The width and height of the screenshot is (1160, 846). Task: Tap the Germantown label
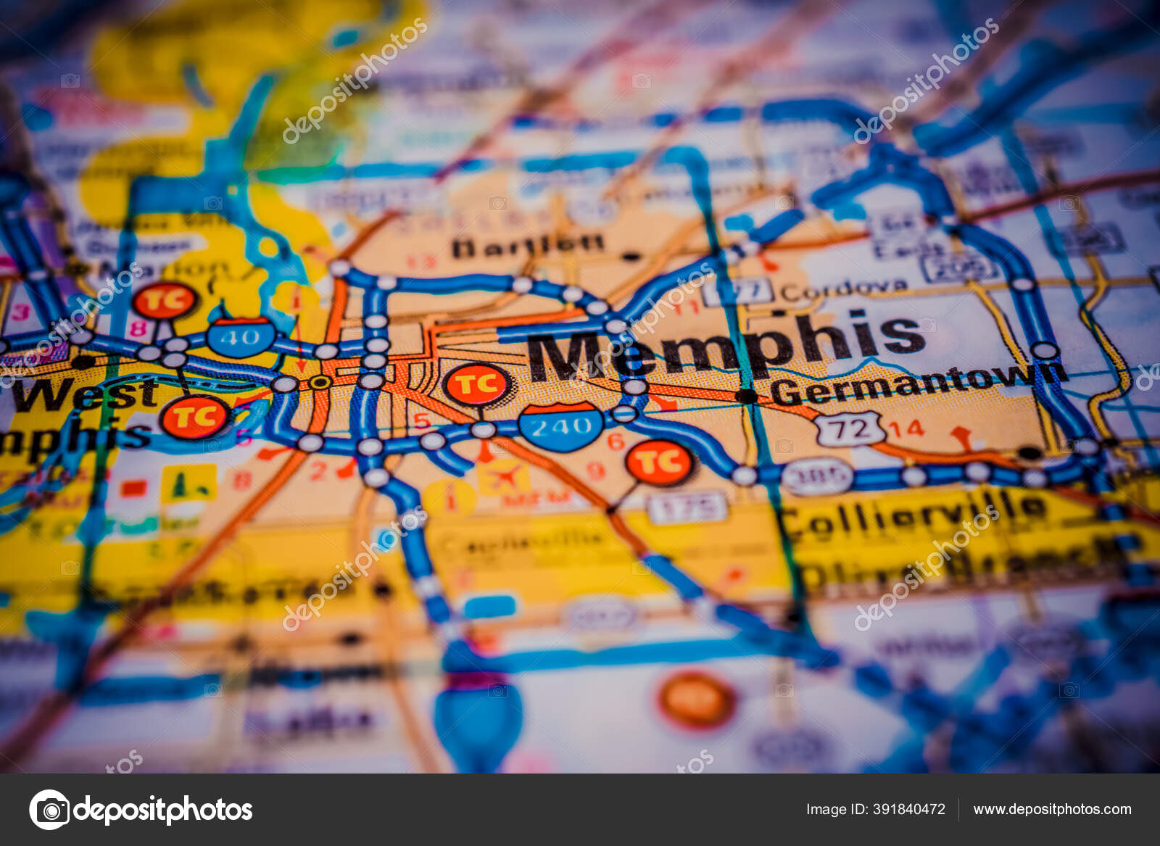[x=917, y=384]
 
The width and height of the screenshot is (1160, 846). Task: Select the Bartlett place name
[x=527, y=246]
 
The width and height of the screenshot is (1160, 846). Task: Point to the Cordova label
[x=844, y=290]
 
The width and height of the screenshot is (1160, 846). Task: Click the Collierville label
[x=913, y=513]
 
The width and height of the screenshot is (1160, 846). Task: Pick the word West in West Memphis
[x=85, y=395]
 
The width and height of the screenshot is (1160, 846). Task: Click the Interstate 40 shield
[x=241, y=336]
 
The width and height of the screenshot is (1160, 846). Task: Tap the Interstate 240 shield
[x=561, y=426]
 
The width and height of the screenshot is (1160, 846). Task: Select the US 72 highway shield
[x=850, y=428]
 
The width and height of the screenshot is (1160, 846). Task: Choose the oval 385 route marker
[x=817, y=476]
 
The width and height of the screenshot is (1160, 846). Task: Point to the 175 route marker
[x=687, y=507]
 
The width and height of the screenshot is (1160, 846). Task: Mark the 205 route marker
[x=958, y=268]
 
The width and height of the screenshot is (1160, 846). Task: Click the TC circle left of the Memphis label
[x=477, y=384]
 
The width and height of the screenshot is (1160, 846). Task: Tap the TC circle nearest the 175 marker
[x=659, y=462]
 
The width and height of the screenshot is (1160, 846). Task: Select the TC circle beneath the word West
[x=194, y=417]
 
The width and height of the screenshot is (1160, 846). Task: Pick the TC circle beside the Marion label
[x=165, y=300]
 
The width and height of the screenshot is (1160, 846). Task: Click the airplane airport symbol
[x=505, y=477]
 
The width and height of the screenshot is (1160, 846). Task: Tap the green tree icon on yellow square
[x=188, y=483]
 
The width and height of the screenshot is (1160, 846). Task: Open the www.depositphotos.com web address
[x=1052, y=809]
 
